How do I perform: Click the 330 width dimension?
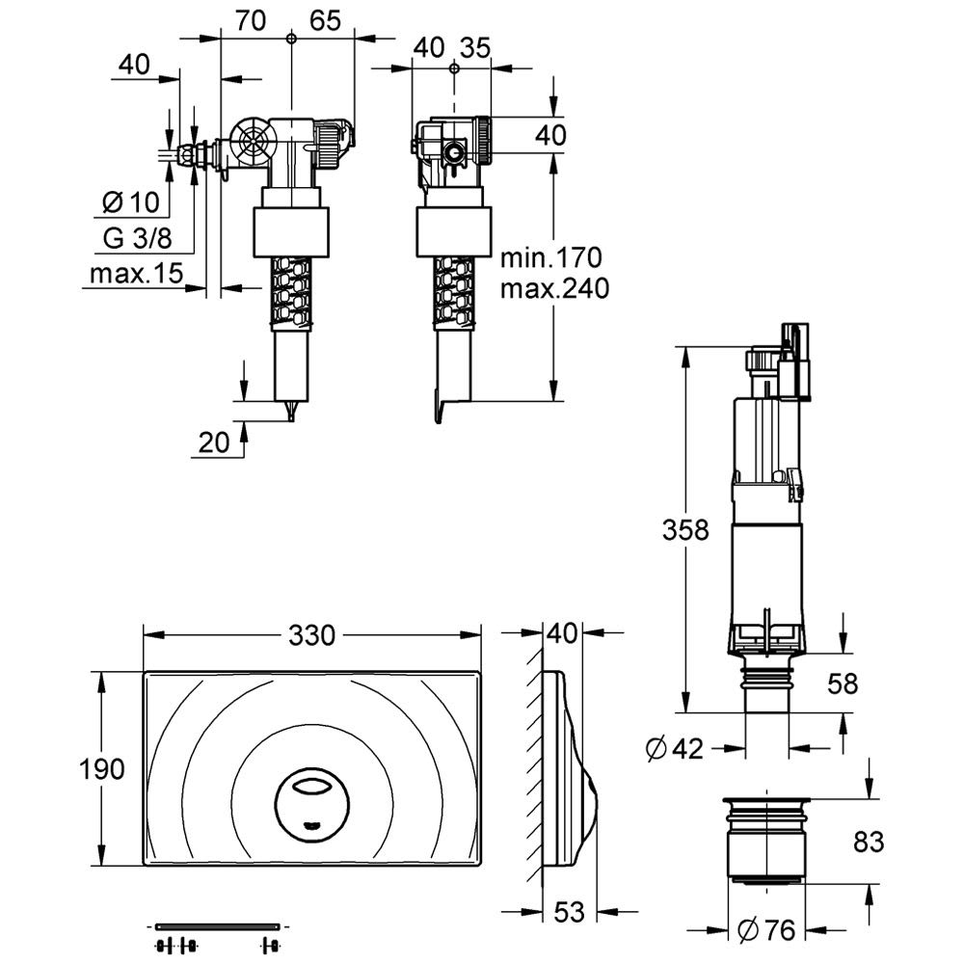[x=311, y=635]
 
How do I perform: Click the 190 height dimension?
[x=103, y=769]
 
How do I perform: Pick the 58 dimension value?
[x=843, y=683]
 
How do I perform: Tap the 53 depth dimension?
[x=569, y=912]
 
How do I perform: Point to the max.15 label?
[x=136, y=274]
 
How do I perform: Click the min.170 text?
[x=550, y=257]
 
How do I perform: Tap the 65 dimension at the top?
[x=326, y=21]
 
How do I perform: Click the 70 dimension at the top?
[x=251, y=21]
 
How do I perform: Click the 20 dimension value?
[x=213, y=442]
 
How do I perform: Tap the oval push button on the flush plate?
[x=309, y=798]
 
